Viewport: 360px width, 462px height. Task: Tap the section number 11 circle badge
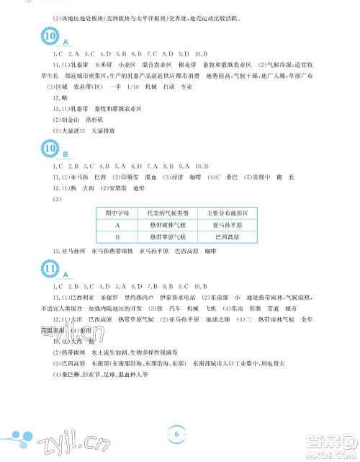[x=50, y=268]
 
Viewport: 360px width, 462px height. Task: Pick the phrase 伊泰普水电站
[x=175, y=297]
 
